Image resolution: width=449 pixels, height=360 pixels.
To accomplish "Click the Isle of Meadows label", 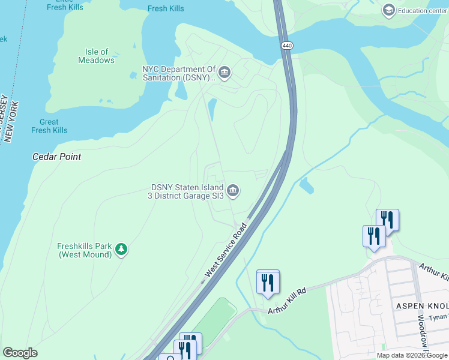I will (96, 56).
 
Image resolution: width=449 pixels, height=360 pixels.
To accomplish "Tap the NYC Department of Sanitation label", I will (178, 73).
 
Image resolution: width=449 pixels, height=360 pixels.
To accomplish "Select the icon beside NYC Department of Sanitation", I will (225, 73).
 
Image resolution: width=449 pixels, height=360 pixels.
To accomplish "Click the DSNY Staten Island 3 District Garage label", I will (187, 191).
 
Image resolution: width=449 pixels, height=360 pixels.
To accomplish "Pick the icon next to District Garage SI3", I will (234, 191).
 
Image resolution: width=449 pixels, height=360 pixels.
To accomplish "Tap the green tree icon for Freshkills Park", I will (121, 249).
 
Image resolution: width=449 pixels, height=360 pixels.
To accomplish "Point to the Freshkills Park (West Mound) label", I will (85, 250).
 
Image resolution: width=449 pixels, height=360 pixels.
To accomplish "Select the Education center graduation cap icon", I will (388, 10).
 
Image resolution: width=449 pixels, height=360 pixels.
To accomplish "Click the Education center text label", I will (423, 10).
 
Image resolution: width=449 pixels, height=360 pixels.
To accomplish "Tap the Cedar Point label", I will (56, 157).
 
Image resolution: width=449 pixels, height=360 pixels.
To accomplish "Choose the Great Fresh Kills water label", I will (49, 126).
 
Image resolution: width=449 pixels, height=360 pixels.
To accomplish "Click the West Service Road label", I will (226, 251).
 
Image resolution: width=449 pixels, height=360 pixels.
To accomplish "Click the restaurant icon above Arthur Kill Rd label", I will (268, 281).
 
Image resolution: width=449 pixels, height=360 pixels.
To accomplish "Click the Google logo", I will (20, 353).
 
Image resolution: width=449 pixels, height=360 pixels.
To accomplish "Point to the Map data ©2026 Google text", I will (412, 355).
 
